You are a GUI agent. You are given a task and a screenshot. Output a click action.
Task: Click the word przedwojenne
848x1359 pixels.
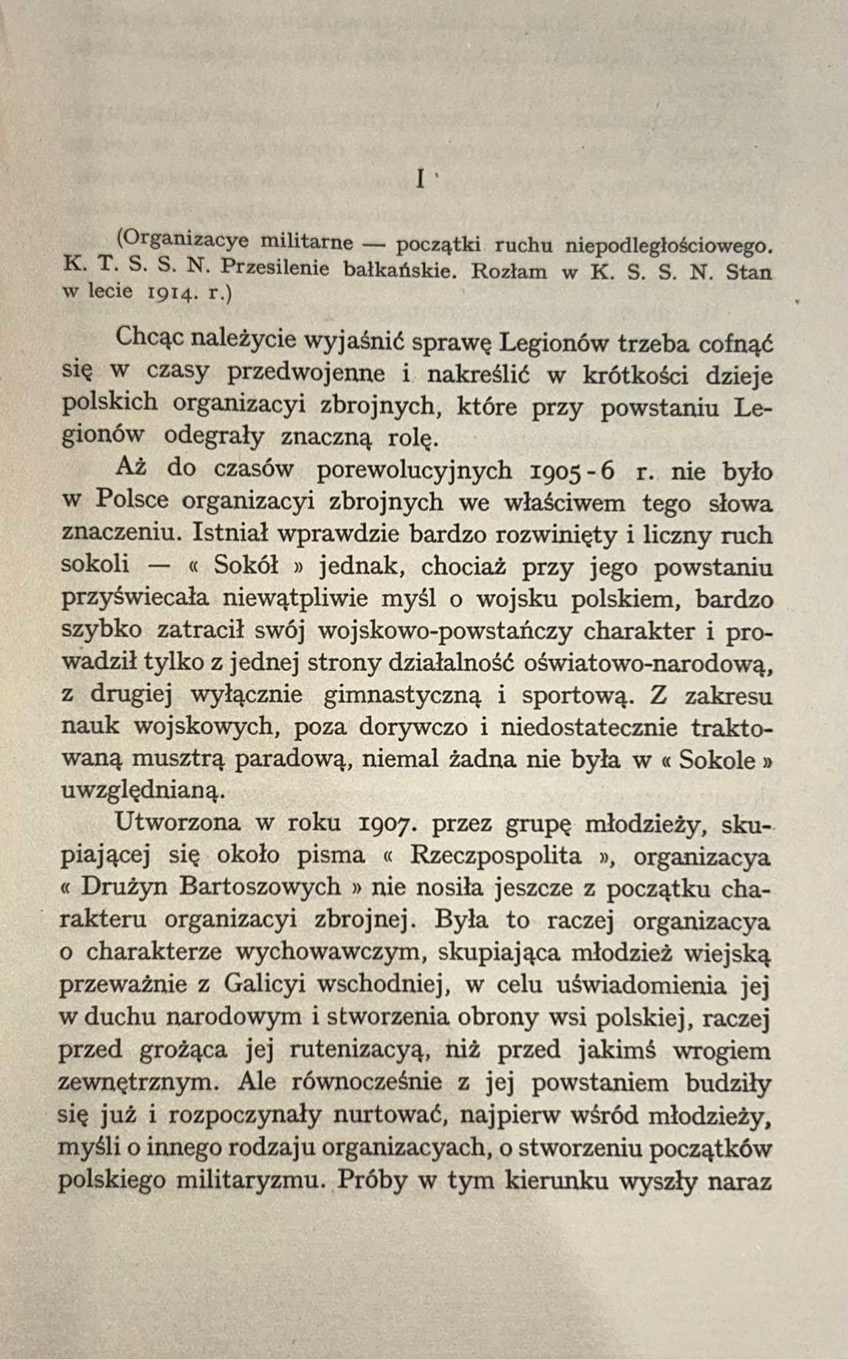[306, 373]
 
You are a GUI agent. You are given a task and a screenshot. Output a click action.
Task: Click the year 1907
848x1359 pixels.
[388, 823]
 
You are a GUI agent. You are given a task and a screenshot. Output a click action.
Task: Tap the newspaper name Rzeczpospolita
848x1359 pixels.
[506, 855]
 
